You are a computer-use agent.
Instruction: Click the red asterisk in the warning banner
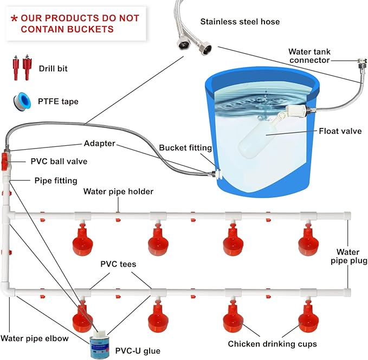pos(15,18)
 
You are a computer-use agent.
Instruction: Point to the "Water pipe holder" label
pos(118,191)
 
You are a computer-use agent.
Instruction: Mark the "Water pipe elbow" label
pos(35,338)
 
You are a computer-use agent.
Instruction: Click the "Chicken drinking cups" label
pos(272,344)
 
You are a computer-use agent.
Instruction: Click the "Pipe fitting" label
pos(56,180)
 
